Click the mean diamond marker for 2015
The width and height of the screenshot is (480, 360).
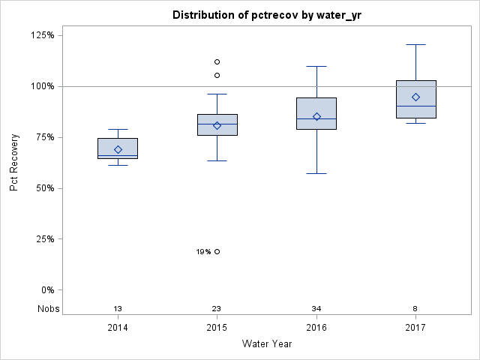coord(217,125)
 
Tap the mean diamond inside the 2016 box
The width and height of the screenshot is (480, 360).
coord(316,116)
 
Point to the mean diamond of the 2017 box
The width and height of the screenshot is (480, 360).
coord(415,97)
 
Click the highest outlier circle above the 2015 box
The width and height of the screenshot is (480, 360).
coord(217,61)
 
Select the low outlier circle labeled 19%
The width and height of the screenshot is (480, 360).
coord(217,251)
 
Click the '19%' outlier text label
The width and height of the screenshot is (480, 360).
coord(203,252)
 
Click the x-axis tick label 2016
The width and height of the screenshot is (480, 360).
coord(316,328)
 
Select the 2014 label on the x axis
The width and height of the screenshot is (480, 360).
coord(118,328)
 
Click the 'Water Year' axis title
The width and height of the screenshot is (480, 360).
coord(266,344)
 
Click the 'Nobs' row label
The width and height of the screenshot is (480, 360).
coord(46,309)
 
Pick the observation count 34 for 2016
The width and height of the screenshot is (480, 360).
coord(316,309)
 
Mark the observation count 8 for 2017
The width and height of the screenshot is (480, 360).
coord(415,309)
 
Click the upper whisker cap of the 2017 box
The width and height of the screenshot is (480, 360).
coord(415,44)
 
